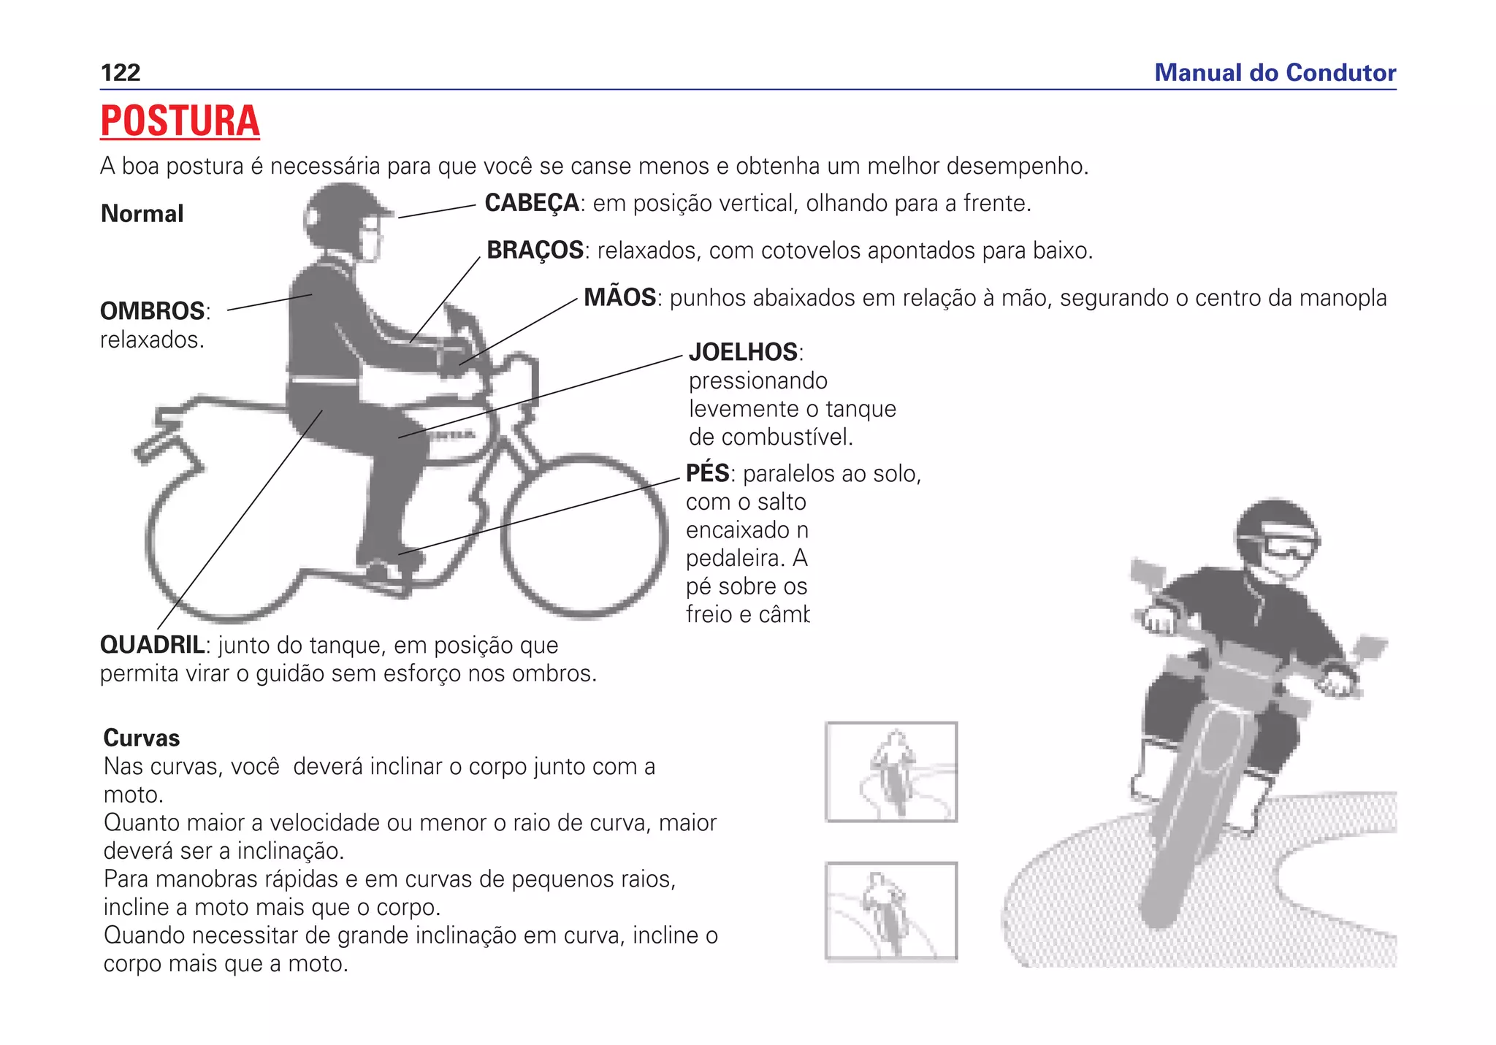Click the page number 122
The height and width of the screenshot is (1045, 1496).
[121, 73]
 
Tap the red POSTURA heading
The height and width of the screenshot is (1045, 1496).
[180, 121]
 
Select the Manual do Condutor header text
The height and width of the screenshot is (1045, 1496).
[1275, 73]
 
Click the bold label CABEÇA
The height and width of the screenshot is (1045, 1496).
[532, 203]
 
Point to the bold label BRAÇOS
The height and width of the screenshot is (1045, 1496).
[535, 250]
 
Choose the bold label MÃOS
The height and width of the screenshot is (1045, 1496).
[619, 298]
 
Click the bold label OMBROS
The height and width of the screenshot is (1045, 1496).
[153, 311]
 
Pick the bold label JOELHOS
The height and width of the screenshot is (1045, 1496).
[744, 352]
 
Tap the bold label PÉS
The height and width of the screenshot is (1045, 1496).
[708, 473]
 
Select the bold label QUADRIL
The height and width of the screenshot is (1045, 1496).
[152, 645]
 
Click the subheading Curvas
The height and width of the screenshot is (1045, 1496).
[142, 738]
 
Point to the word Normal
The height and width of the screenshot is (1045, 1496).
[142, 214]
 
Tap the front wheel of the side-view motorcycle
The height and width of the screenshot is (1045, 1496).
[584, 536]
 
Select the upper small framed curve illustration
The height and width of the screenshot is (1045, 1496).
[891, 772]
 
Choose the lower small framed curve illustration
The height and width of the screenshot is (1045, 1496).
[891, 911]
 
